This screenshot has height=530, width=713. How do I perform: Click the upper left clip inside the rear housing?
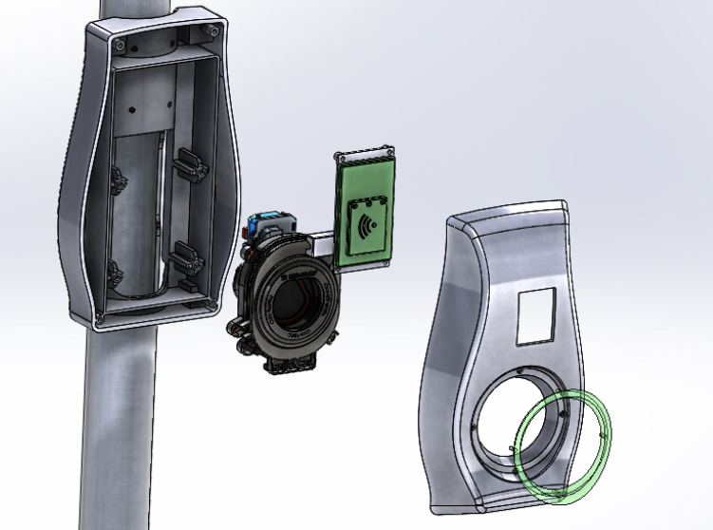click(x=121, y=178)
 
